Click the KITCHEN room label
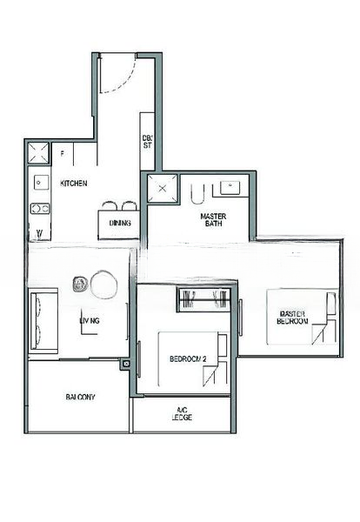74,184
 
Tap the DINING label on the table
121,224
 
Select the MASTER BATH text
214,221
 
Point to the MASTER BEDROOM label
292,318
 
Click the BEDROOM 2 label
187,359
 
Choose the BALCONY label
80,397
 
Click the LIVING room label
90,321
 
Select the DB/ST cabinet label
147,141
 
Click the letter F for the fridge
62,154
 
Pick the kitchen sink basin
40,183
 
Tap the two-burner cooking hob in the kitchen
39,209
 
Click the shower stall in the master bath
162,189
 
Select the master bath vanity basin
232,186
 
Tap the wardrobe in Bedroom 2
203,301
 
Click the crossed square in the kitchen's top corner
38,154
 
